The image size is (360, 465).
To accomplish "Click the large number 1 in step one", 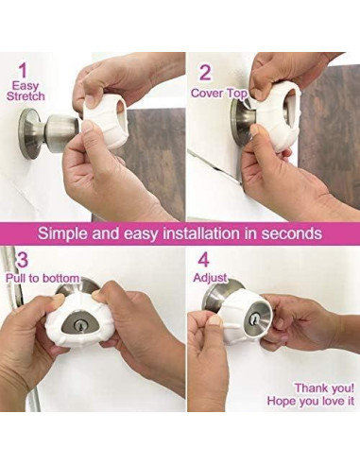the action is (23, 71).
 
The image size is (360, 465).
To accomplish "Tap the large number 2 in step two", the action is (205, 73).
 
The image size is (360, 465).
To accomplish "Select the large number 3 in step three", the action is (23, 259).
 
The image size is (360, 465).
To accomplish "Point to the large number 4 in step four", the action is (203, 260).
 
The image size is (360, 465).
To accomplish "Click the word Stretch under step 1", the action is (26, 96).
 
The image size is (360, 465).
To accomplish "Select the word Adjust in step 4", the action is (210, 278).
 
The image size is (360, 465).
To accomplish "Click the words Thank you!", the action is (324, 387).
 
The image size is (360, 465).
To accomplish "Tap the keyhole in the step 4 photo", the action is (253, 320).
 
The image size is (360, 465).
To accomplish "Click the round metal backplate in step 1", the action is (31, 134).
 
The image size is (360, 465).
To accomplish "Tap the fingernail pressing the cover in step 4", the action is (216, 321).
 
